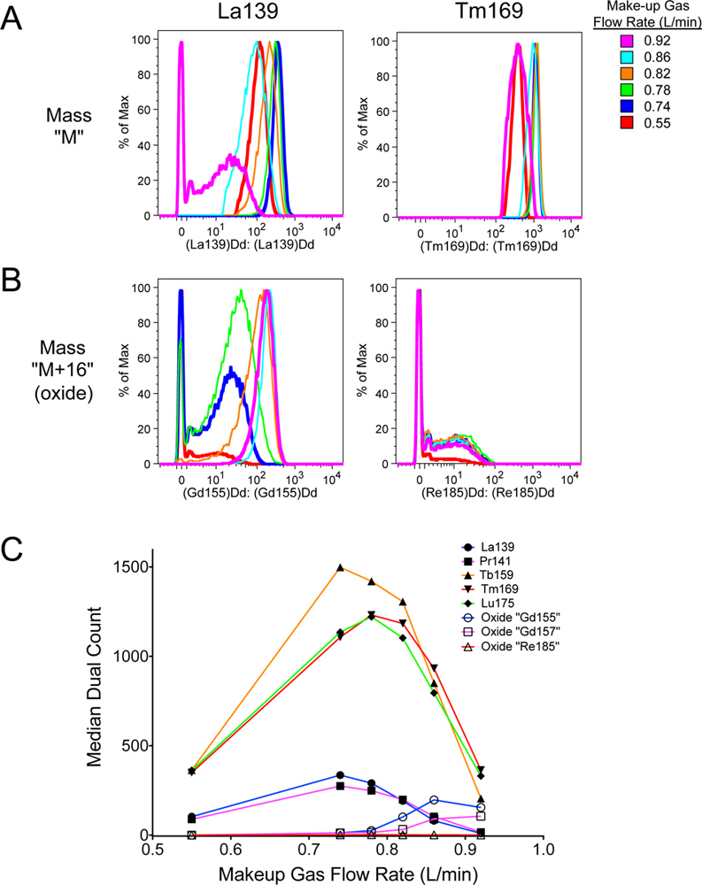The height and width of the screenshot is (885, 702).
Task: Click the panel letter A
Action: click(x=13, y=19)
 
